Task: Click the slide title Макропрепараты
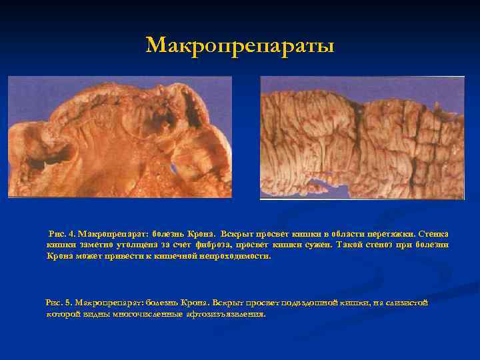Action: tap(240, 45)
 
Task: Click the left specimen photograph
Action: tap(120, 137)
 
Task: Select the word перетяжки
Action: tap(389, 234)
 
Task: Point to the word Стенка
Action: tap(434, 234)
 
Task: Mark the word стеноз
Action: tap(366, 245)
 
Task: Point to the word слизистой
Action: tap(407, 303)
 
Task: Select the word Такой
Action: tap(335, 245)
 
